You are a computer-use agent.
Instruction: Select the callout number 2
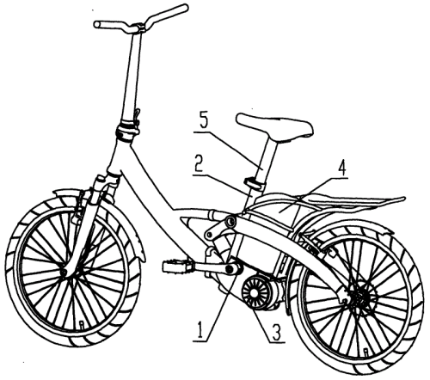[199, 163]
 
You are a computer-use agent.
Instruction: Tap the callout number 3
[276, 332]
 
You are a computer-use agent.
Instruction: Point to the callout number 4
[341, 168]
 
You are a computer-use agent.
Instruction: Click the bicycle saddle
[274, 128]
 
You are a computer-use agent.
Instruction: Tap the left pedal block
[177, 266]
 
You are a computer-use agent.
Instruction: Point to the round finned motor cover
[254, 293]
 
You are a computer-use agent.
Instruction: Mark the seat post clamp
[254, 183]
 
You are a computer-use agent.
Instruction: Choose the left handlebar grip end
[97, 25]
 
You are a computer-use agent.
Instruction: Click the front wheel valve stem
[81, 324]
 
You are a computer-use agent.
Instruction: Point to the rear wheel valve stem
[365, 351]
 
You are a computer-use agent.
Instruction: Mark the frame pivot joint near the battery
[230, 221]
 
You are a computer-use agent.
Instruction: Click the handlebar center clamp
[140, 28]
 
